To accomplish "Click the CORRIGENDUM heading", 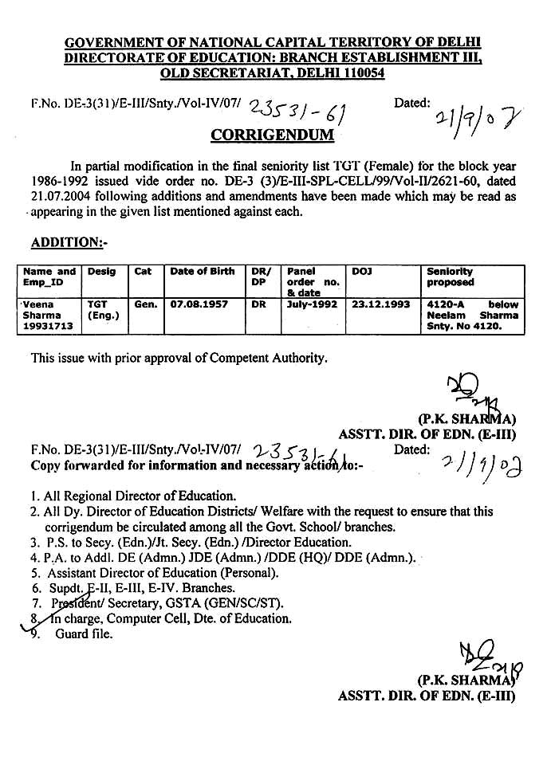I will (272, 135).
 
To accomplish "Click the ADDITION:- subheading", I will (68, 242).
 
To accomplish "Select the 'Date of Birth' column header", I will (202, 272).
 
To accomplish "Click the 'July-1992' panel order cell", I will (313, 304).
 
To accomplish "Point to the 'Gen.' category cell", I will (145, 304).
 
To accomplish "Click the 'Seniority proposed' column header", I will (450, 277).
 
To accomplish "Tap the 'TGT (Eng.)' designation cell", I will (102, 310).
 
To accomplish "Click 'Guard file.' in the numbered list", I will (84, 634).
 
